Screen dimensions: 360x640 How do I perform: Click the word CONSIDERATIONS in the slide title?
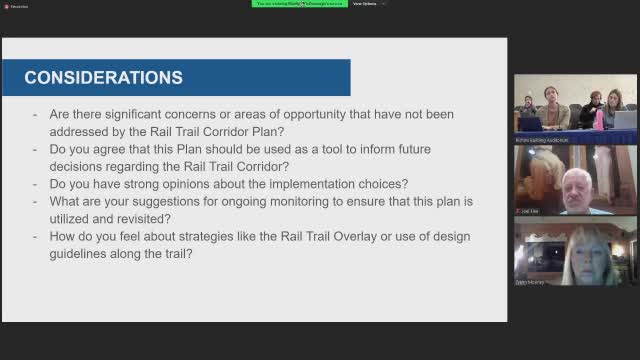103,77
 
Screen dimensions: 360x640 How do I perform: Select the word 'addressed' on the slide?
82,132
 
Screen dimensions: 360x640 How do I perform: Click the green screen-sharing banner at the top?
297,4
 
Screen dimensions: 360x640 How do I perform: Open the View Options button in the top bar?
367,4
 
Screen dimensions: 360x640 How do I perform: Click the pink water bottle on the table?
599,119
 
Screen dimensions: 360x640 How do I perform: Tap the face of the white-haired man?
575,186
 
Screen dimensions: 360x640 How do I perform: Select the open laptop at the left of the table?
529,123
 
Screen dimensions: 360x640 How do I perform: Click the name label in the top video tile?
541,140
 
